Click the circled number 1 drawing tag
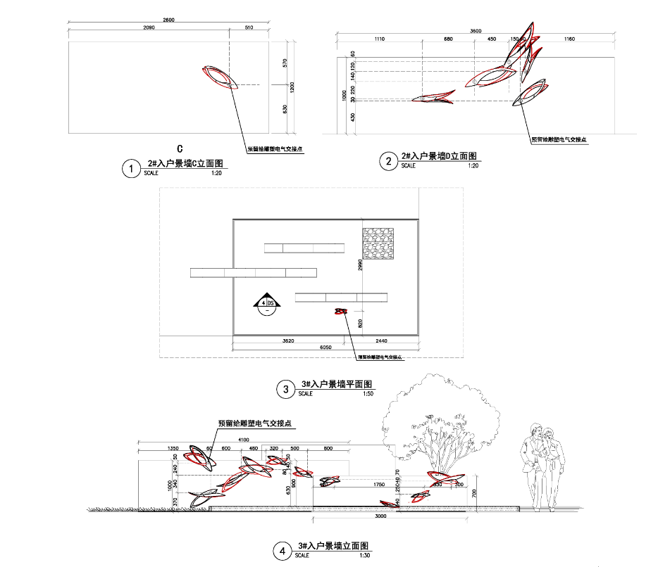click(x=130, y=169)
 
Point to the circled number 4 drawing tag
click(x=283, y=552)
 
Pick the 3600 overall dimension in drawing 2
click(x=476, y=31)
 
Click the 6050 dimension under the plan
click(x=325, y=347)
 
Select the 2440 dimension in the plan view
click(x=381, y=340)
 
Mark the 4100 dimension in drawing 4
click(x=244, y=440)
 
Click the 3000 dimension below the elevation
click(x=381, y=516)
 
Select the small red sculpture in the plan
click(x=341, y=311)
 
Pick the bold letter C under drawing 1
click(x=180, y=148)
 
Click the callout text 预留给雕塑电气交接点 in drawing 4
click(x=255, y=424)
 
